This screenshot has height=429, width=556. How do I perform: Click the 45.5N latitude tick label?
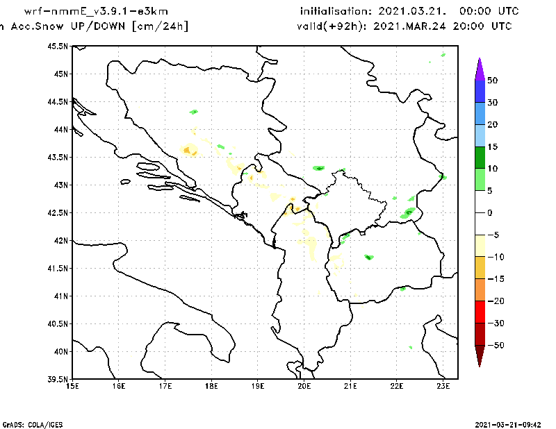(x=58, y=46)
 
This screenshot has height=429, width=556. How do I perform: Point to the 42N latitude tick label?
(x=60, y=240)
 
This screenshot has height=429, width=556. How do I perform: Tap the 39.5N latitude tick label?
(x=58, y=379)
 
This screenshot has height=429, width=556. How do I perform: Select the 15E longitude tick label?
(x=72, y=386)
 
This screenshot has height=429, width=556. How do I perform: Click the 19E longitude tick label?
(x=258, y=386)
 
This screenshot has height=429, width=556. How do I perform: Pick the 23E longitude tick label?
(x=443, y=386)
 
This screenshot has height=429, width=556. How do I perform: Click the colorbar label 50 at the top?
(x=492, y=81)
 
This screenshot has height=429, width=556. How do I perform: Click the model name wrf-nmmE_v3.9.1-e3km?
(x=96, y=12)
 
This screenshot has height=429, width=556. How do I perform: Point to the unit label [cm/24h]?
(x=159, y=26)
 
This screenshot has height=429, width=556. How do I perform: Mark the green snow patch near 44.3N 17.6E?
(x=194, y=111)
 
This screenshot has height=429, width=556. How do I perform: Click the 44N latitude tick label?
(x=60, y=129)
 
